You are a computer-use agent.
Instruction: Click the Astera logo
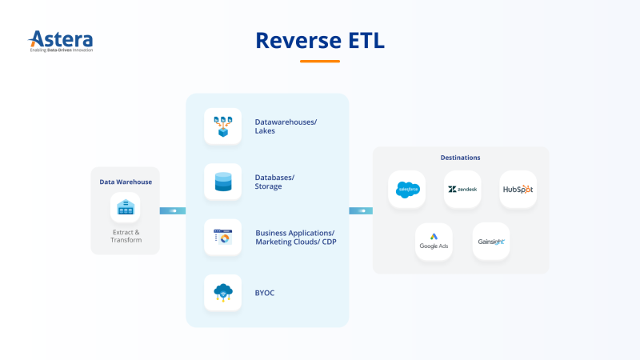(x=61, y=41)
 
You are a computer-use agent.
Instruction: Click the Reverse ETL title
(x=320, y=40)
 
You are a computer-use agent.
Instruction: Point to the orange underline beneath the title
(x=320, y=61)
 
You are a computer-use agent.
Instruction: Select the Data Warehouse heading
(x=126, y=182)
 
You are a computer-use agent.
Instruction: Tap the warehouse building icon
(x=126, y=208)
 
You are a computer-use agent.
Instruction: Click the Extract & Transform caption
(x=126, y=236)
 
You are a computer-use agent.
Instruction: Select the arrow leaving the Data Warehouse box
(x=173, y=210)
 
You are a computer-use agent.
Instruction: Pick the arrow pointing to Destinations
(x=361, y=210)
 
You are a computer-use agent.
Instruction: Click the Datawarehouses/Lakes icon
(x=222, y=126)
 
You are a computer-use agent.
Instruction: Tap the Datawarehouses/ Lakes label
(x=286, y=126)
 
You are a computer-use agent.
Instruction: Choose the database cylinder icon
(x=222, y=182)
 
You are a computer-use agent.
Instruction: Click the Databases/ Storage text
(x=274, y=182)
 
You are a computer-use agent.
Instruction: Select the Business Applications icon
(x=222, y=237)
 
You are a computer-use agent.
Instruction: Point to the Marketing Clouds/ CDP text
(x=296, y=242)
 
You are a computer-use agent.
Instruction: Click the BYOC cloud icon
(x=222, y=293)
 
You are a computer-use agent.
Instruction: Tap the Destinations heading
(x=461, y=158)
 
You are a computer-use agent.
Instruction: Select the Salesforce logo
(x=407, y=190)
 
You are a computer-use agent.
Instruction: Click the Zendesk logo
(x=462, y=190)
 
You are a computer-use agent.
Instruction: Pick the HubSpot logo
(x=518, y=190)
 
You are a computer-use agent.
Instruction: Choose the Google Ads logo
(x=434, y=241)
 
